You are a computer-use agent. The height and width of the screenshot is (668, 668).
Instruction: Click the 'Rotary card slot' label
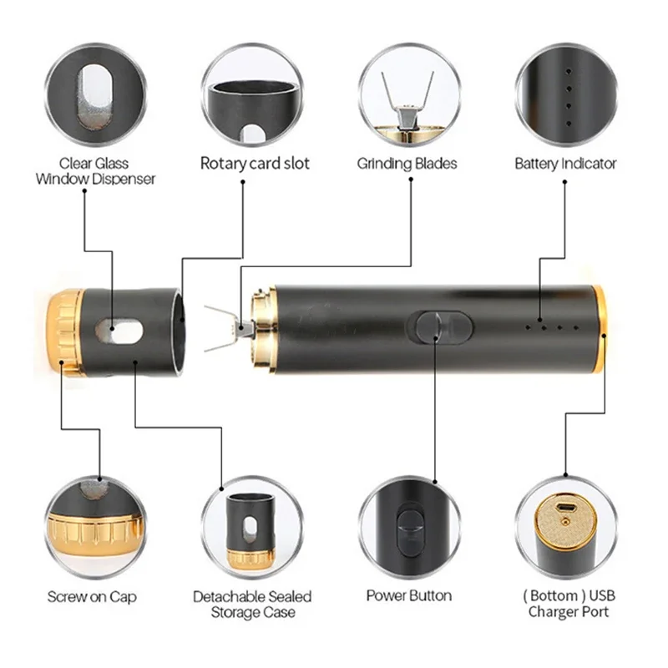[x=255, y=164]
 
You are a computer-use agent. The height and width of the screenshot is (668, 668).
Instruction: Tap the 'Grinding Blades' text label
[x=407, y=164]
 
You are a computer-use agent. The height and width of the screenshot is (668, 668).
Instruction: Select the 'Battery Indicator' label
[x=565, y=164]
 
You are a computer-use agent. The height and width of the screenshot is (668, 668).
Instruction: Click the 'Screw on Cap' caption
[x=92, y=596]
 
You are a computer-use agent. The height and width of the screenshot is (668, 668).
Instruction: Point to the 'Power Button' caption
[x=409, y=595]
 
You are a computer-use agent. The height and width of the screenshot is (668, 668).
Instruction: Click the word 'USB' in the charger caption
[x=602, y=595]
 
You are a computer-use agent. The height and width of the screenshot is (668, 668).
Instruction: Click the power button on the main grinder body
[x=440, y=327]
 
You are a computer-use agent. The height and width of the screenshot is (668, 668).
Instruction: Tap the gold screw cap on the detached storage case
[x=65, y=332]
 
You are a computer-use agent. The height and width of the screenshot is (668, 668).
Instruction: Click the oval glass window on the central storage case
[x=119, y=331]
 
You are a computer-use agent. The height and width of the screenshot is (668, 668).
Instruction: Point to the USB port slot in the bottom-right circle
[x=566, y=508]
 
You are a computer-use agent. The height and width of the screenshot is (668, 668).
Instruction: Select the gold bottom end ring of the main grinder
[x=600, y=329]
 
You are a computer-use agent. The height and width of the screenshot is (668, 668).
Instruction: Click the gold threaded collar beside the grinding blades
[x=262, y=328]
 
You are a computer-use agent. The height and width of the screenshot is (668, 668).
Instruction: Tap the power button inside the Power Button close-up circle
[x=409, y=529]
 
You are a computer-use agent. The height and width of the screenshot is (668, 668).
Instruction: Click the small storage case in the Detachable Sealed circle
[x=250, y=531]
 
